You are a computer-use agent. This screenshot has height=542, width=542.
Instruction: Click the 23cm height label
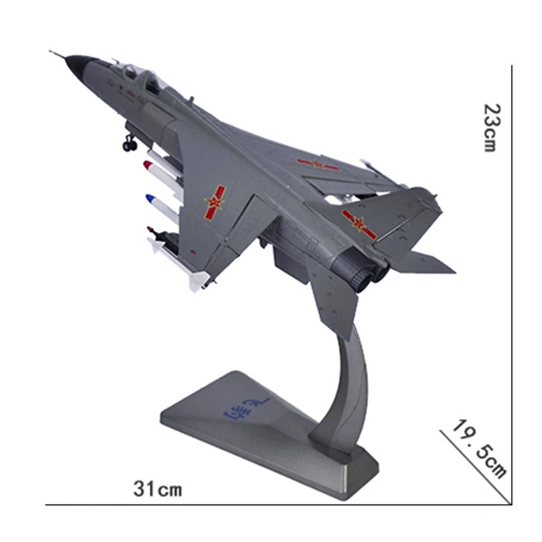point(490,128)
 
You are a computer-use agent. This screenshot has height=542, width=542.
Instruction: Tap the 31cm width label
point(157,489)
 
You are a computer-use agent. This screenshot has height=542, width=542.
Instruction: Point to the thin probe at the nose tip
point(57,54)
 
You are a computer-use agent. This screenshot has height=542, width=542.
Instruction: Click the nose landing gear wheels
point(130,144)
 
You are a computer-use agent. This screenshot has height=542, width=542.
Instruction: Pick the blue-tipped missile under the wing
point(161,206)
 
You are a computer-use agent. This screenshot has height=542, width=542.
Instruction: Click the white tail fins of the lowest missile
point(197,280)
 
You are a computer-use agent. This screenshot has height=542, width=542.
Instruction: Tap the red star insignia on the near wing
point(215,202)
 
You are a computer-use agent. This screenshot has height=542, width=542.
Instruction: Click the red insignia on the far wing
point(318,165)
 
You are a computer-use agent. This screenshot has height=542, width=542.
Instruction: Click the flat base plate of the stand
point(254,423)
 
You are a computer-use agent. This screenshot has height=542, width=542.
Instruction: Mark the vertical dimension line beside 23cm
point(511,265)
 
